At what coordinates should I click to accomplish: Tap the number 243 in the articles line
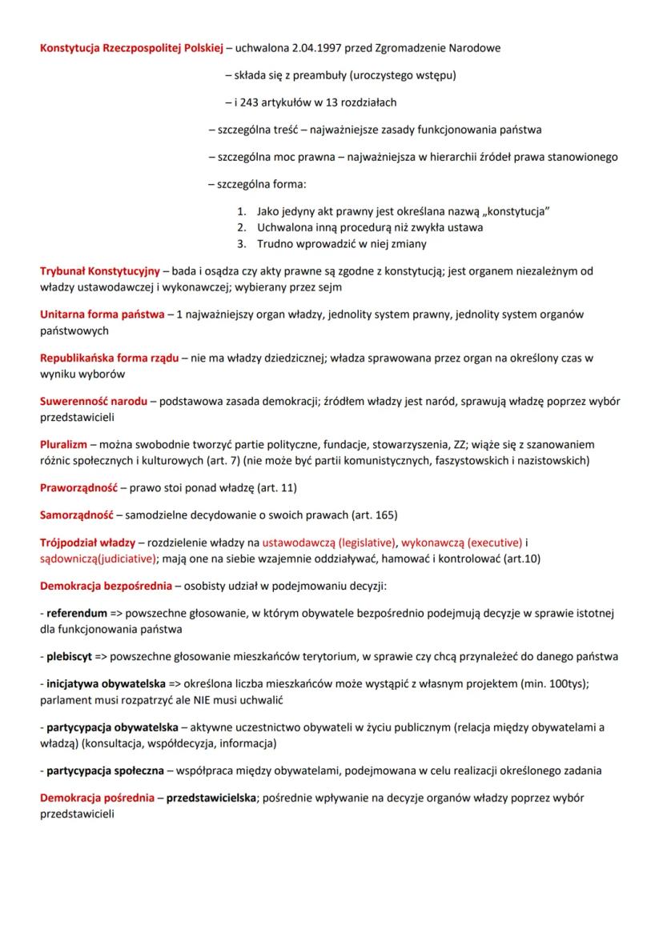click(247, 102)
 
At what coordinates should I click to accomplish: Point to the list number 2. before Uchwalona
click(242, 227)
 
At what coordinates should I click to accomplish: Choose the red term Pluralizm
click(63, 443)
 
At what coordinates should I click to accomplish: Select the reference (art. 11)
click(276, 487)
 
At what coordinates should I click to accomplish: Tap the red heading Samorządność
click(78, 514)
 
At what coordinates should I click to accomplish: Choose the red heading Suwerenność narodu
click(93, 400)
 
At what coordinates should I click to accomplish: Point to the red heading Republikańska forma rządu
click(109, 357)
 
